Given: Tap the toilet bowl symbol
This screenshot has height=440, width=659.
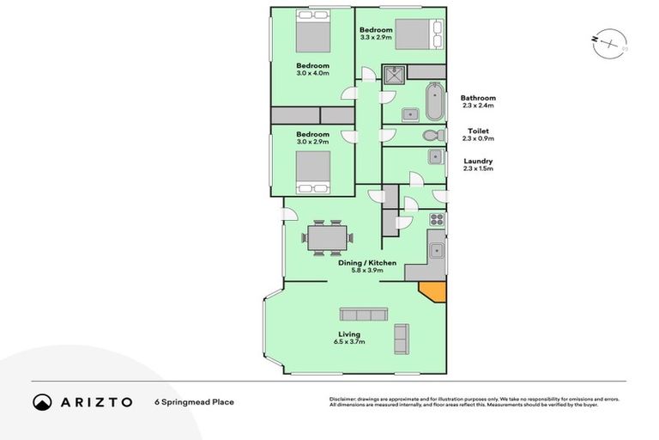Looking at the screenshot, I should (432, 136).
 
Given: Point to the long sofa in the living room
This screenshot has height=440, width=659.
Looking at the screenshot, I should (365, 314).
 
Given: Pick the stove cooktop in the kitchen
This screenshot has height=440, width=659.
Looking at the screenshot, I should (436, 218).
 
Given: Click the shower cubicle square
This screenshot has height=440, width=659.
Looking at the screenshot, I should (394, 76).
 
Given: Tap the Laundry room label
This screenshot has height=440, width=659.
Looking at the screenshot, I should (477, 161).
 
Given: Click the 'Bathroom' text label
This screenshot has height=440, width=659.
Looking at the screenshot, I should (478, 98).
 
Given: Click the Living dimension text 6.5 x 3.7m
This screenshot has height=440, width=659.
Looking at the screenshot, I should (349, 342).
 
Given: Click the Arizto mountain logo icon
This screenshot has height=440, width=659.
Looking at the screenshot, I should (42, 401).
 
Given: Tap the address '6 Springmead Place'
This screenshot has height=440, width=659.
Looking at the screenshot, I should (194, 401).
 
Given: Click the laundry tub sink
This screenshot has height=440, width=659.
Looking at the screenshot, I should (435, 156).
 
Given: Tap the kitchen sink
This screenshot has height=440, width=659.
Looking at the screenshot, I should (436, 250).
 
